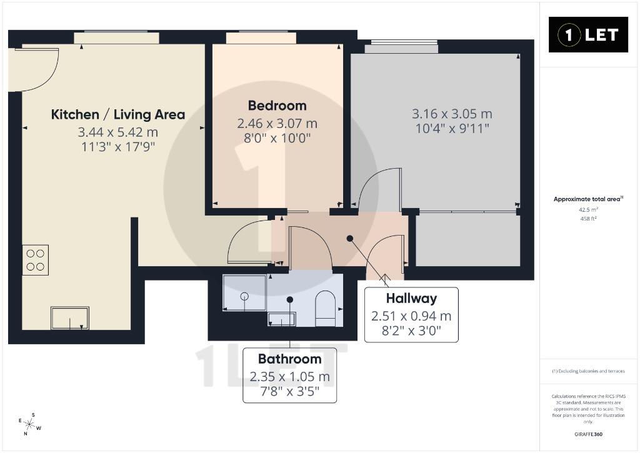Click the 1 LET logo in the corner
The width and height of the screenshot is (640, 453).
click(x=588, y=35)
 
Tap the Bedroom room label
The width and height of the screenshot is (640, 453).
click(x=277, y=106)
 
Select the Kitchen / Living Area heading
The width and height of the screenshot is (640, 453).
click(x=118, y=115)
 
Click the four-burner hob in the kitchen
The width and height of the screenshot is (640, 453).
click(x=35, y=260)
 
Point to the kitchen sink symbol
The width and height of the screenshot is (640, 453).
click(x=70, y=318)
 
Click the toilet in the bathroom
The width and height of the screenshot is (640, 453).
click(x=325, y=309)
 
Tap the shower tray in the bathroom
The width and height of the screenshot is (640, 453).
click(x=244, y=292)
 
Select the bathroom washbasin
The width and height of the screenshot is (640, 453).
click(x=281, y=319)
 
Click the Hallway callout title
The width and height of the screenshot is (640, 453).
click(x=411, y=298)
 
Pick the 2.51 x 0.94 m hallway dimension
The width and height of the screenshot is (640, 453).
click(x=411, y=316)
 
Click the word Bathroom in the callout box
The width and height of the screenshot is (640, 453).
click(x=290, y=359)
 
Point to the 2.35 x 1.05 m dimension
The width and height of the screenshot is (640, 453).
click(x=290, y=377)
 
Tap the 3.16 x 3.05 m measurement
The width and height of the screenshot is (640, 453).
click(x=452, y=114)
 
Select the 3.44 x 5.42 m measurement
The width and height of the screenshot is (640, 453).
click(x=118, y=132)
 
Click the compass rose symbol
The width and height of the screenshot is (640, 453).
click(x=29, y=424)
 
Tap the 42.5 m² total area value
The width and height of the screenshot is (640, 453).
click(x=588, y=210)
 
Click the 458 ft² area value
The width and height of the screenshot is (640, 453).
click(x=588, y=219)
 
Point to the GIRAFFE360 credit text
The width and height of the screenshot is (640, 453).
click(x=588, y=434)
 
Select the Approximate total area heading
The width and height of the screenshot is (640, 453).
click(x=588, y=199)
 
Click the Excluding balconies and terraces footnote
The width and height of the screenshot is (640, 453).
click(x=588, y=371)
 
